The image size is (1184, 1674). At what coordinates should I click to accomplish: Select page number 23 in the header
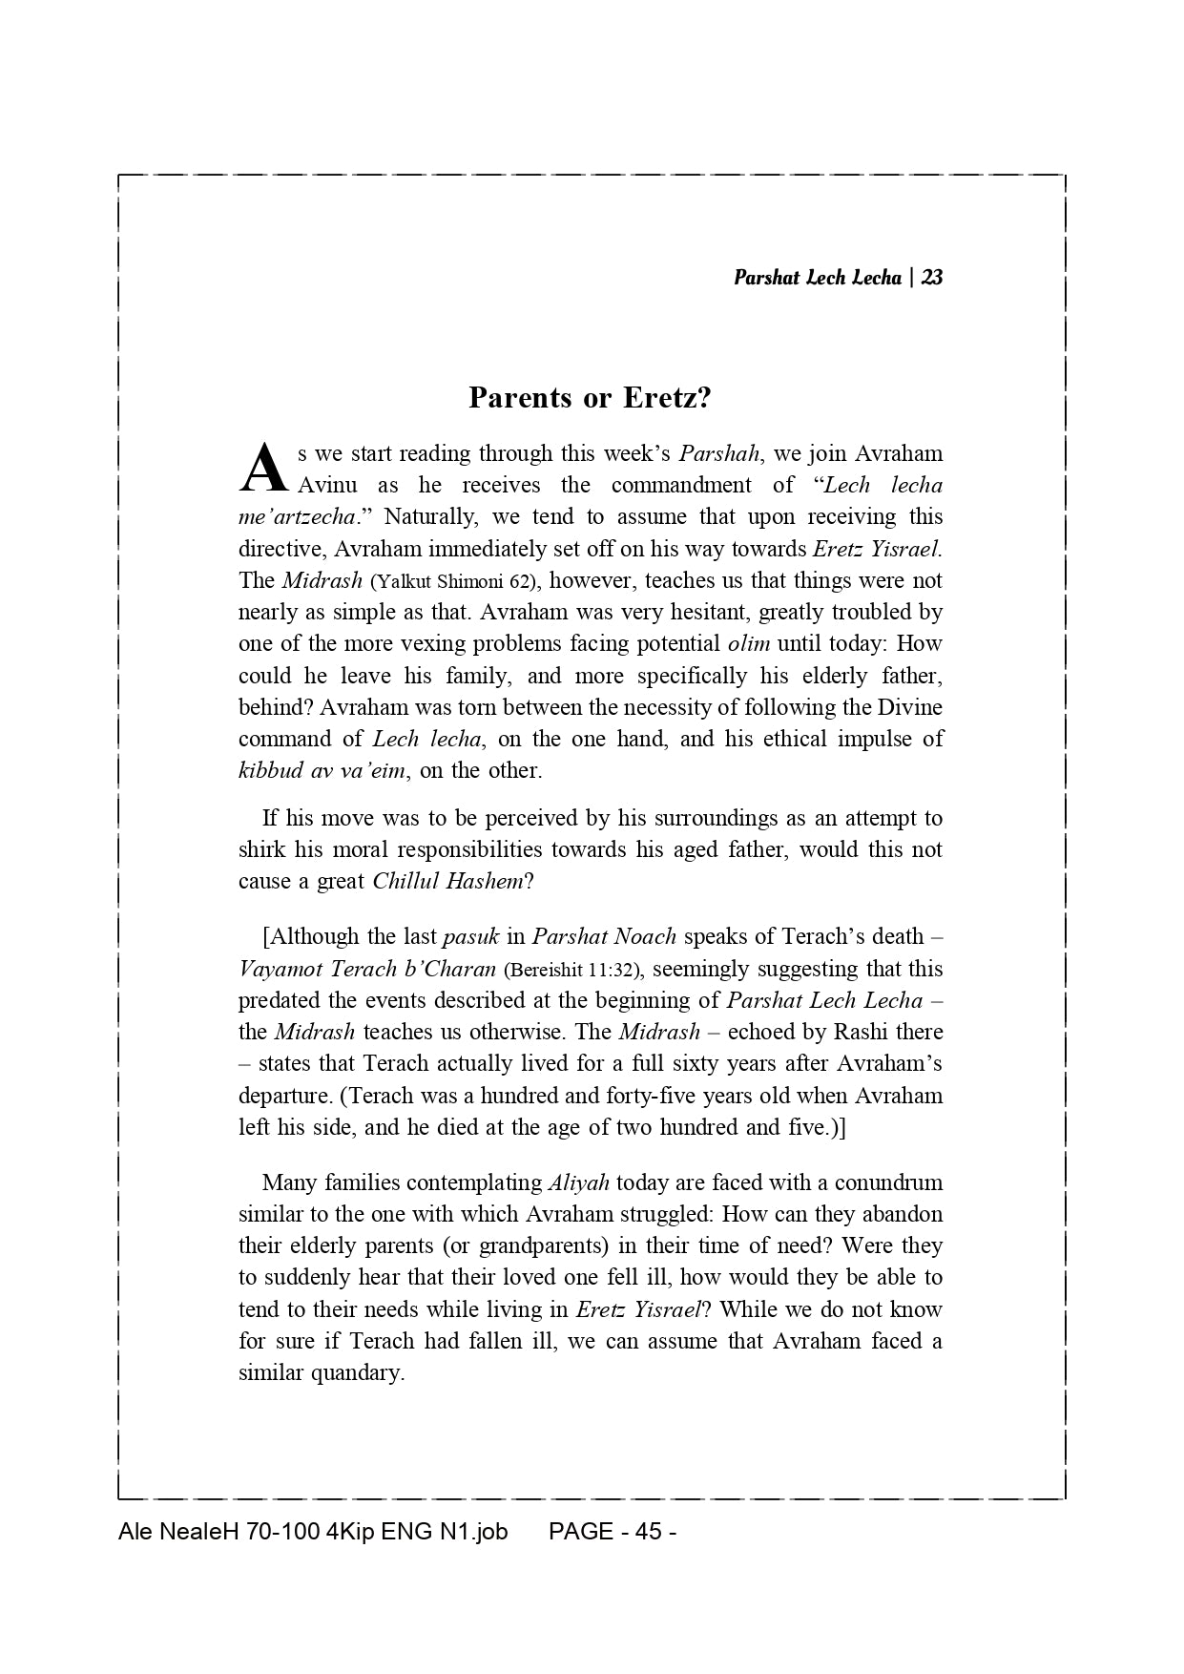click(933, 278)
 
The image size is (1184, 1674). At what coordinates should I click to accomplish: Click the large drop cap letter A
click(262, 469)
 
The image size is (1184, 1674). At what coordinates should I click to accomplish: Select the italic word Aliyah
click(578, 1182)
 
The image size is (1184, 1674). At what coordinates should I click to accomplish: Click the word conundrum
click(888, 1182)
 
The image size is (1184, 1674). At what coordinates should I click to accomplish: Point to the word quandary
click(359, 1373)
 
